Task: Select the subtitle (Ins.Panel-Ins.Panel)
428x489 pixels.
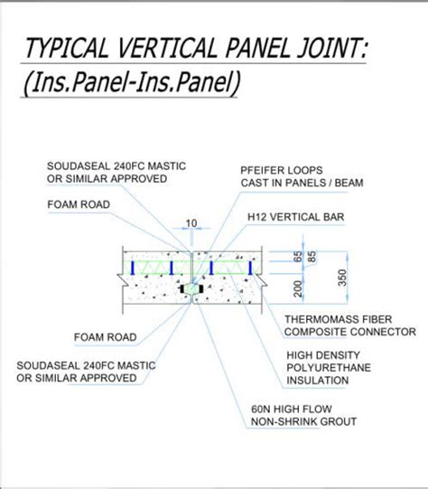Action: (132, 82)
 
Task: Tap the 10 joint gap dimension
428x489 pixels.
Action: (191, 223)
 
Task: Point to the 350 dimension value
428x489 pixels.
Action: (342, 277)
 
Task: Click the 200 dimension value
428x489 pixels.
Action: (298, 288)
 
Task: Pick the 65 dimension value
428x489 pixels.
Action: (298, 257)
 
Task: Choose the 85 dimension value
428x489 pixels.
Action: (312, 257)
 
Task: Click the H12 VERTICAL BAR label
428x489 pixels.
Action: (295, 217)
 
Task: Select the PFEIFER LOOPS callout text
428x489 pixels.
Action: (302, 176)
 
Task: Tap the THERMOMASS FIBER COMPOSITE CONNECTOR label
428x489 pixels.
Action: (349, 325)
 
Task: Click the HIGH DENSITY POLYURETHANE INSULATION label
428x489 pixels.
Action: (329, 368)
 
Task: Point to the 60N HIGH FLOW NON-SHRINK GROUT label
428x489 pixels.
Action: (303, 415)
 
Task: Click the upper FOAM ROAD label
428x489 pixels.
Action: (79, 204)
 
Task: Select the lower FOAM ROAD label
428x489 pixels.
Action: (106, 337)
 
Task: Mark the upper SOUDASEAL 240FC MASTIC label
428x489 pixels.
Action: (116, 173)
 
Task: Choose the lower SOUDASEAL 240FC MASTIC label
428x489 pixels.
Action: (86, 371)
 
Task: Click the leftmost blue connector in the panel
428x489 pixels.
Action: (133, 268)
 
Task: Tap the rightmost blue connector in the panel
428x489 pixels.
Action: (250, 268)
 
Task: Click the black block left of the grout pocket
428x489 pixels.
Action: (182, 289)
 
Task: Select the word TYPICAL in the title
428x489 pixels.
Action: (66, 48)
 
